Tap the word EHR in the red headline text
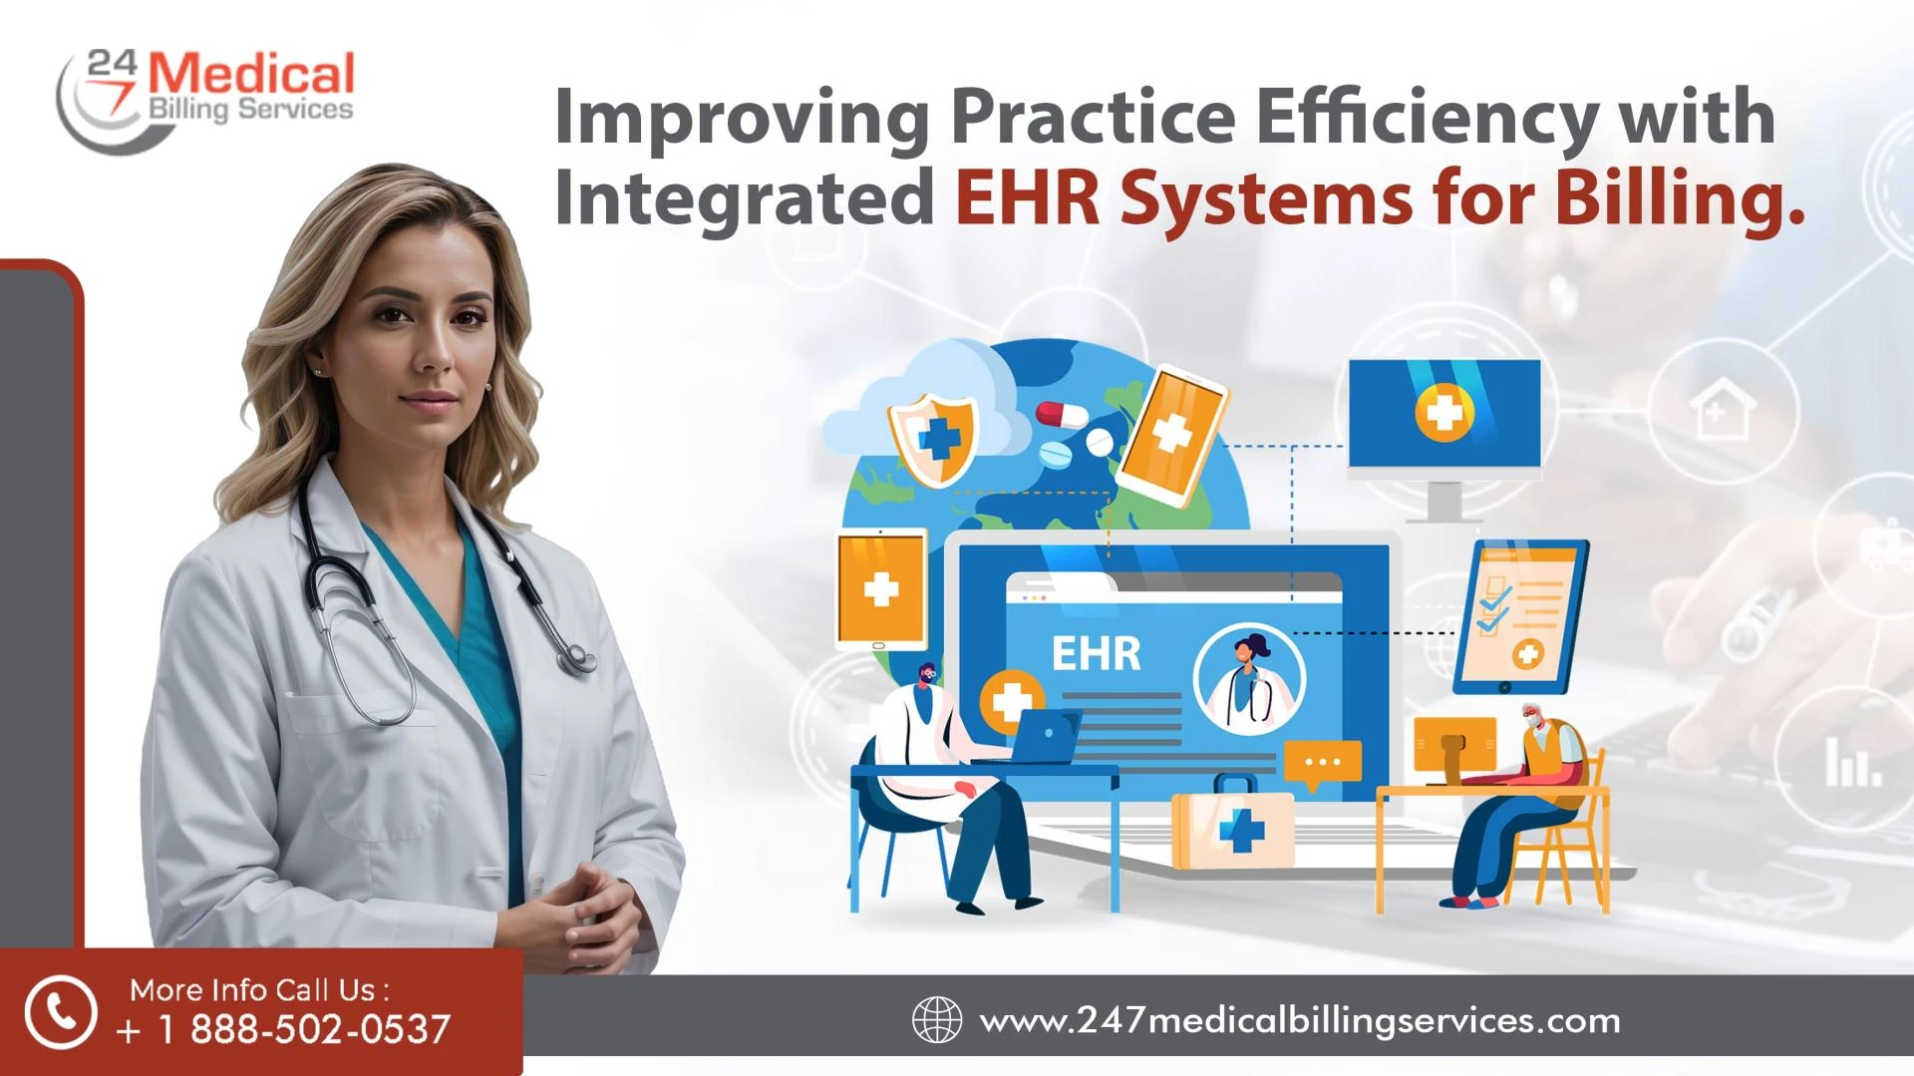coord(1028,198)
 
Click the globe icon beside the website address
coord(937,1020)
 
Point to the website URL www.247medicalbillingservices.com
coord(1300,1021)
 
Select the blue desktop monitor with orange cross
coord(1444,439)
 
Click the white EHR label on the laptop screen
coord(1096,654)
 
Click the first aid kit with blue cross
coord(1233,823)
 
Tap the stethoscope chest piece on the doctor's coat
coord(576,658)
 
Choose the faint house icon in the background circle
coord(1723,412)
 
